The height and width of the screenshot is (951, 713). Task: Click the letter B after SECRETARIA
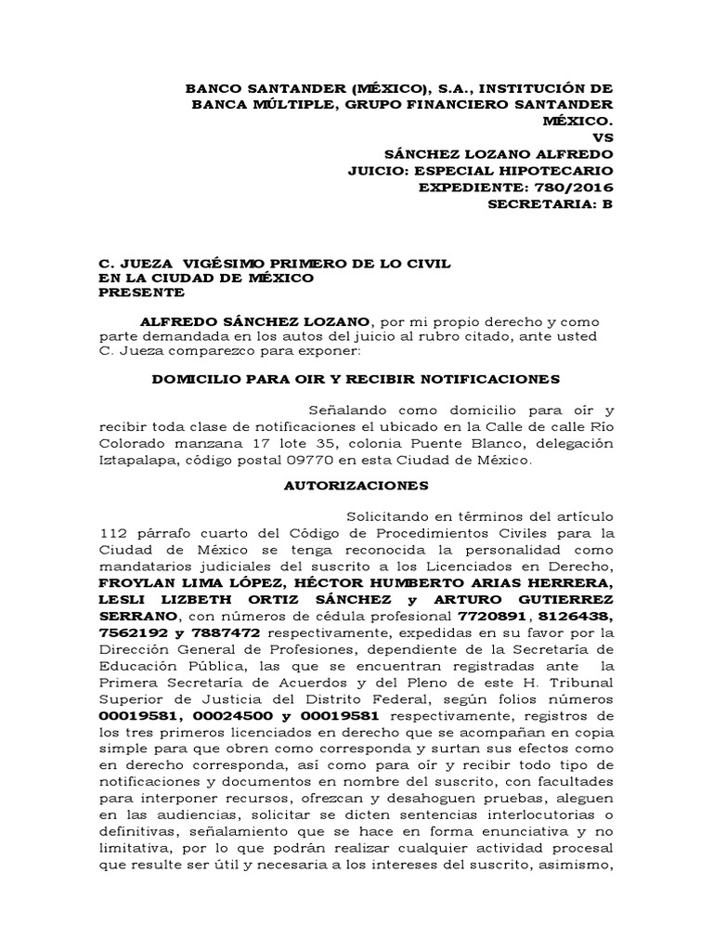(x=608, y=204)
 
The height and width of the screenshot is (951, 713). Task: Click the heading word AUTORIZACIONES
(x=356, y=485)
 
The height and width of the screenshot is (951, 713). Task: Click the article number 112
(x=113, y=533)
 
